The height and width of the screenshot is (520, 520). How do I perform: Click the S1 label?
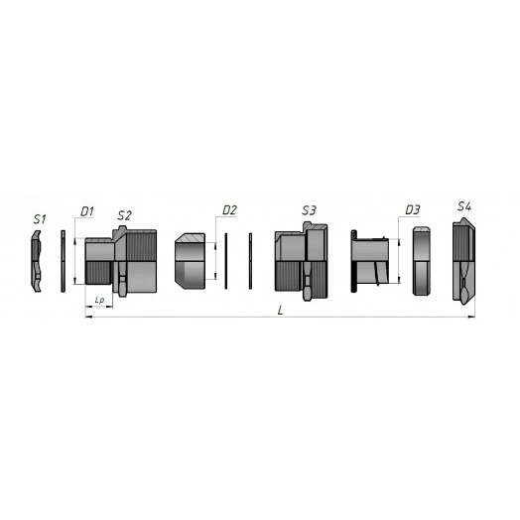[x=40, y=219]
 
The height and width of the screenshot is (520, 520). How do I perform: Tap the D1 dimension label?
[x=87, y=211]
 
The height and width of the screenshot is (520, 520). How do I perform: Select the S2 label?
[x=124, y=215]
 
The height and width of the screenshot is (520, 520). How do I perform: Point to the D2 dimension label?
[x=229, y=210]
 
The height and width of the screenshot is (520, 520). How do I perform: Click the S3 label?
[x=309, y=210]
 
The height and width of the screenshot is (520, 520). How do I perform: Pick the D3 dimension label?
[x=413, y=209]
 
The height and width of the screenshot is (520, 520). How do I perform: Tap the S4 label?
[x=464, y=206]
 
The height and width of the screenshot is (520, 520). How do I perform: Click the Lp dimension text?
[x=99, y=301]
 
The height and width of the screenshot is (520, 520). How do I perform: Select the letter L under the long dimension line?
[x=281, y=311]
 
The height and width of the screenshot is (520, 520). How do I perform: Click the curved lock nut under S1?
[x=36, y=261]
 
